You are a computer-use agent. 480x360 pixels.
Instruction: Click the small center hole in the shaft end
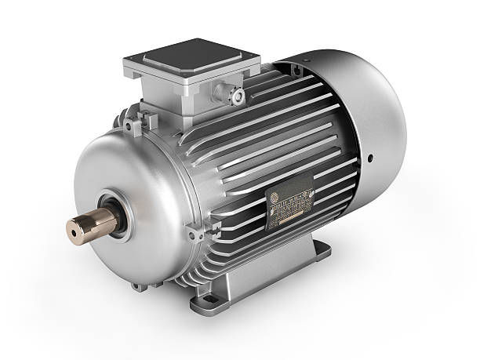pos(74,229)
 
